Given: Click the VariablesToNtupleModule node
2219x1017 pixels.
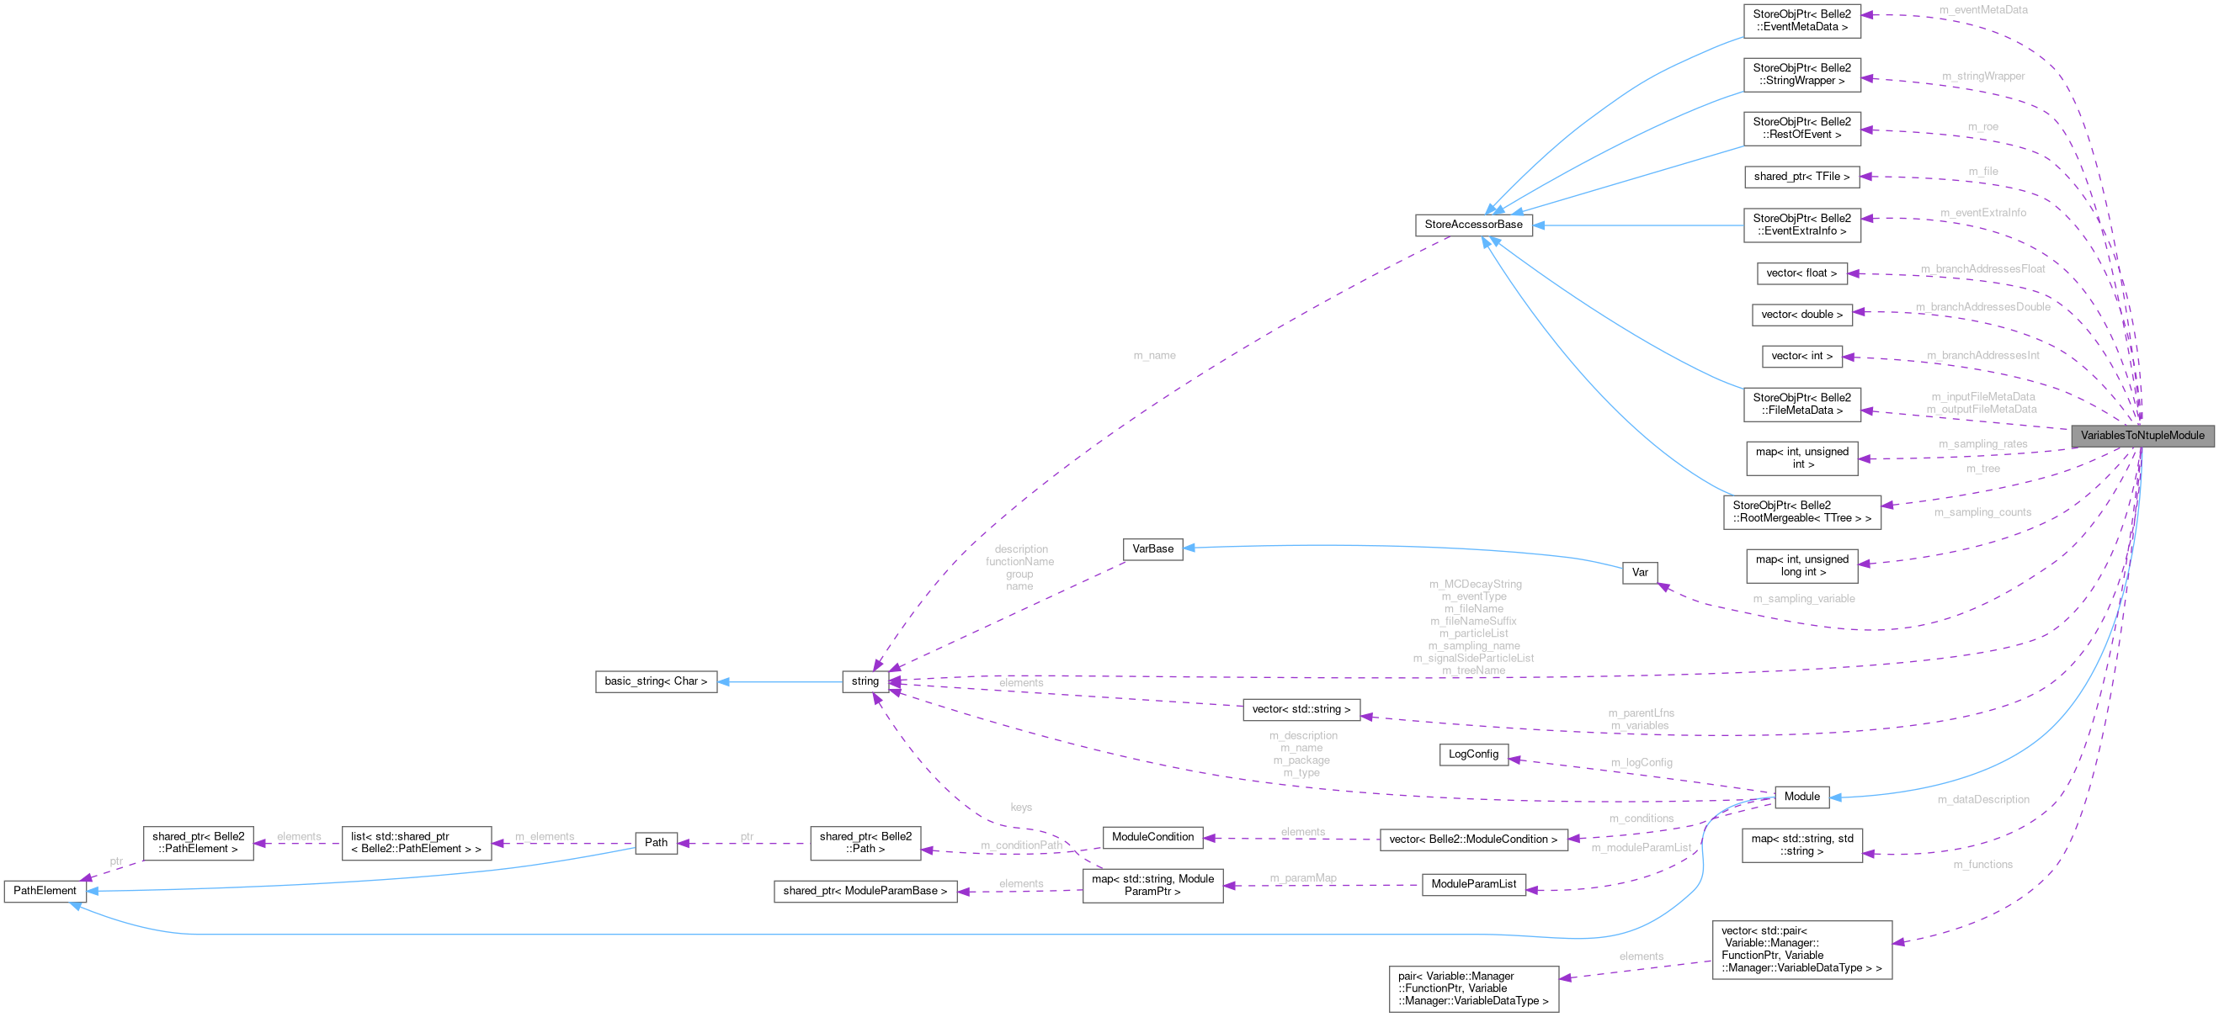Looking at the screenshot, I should pos(2142,436).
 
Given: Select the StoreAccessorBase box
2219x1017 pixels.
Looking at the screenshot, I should pos(1473,225).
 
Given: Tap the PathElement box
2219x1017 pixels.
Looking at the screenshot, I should pos(45,891).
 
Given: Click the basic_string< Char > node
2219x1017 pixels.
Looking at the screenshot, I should pos(656,681).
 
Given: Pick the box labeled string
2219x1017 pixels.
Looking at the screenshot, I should pos(865,681).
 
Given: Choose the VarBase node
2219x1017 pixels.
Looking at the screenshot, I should pos(1152,548).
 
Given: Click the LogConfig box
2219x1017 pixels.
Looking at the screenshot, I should pos(1473,755).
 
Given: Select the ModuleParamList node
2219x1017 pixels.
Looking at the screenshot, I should pos(1473,884).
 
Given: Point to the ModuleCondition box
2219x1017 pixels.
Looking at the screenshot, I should pos(1152,837).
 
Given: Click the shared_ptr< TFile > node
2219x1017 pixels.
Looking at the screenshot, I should pos(1801,177).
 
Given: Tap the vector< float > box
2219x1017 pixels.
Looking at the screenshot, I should pos(1801,273).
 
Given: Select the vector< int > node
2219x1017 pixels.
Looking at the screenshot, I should pos(1801,356).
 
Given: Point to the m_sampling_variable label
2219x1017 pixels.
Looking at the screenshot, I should pos(1803,598).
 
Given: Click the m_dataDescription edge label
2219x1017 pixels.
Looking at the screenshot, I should pos(1982,800).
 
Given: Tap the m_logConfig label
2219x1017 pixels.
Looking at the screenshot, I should pos(1641,762).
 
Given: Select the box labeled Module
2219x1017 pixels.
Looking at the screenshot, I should pos(1801,797).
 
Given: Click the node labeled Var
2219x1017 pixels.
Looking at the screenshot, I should pos(1639,573).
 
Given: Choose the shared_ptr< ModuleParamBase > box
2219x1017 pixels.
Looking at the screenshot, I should pos(865,892).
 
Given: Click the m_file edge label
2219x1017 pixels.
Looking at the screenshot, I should pos(1982,172).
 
